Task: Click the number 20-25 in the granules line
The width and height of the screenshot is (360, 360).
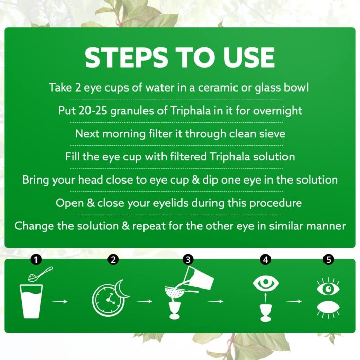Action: pyautogui.click(x=93, y=111)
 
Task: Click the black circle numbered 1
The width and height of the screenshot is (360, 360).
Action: pyautogui.click(x=36, y=260)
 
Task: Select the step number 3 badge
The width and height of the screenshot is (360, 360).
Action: pyautogui.click(x=188, y=260)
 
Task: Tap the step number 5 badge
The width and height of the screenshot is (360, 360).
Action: pyautogui.click(x=328, y=260)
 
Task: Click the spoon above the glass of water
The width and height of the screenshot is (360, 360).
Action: pyautogui.click(x=41, y=274)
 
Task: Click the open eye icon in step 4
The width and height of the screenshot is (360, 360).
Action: pyautogui.click(x=266, y=283)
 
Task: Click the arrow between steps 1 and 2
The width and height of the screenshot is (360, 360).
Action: pyautogui.click(x=60, y=301)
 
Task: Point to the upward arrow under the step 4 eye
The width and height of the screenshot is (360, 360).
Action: pyautogui.click(x=266, y=298)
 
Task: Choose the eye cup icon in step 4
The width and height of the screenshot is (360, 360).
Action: pyautogui.click(x=266, y=313)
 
